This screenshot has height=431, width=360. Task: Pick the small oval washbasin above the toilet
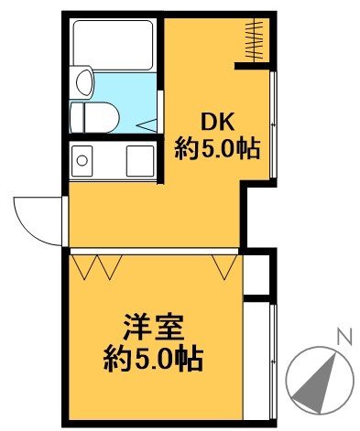[83, 81]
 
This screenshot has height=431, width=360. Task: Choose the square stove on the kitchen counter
[139, 158]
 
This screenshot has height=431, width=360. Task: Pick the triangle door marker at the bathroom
[146, 123]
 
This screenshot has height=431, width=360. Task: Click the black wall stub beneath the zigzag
[253, 64]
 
